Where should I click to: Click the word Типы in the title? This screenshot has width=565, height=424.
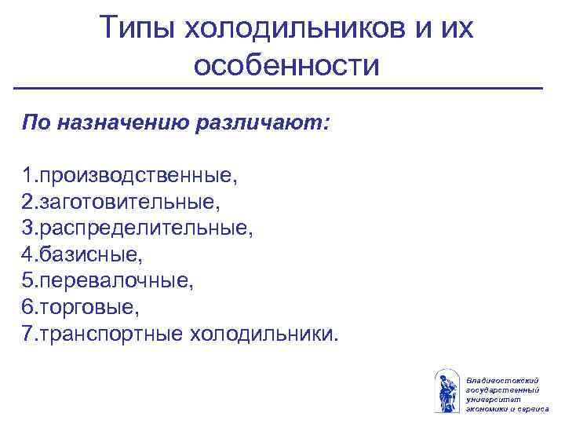pyautogui.click(x=137, y=30)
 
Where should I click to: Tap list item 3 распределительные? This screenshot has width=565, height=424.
pyautogui.click(x=138, y=229)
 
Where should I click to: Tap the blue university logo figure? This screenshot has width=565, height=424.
pyautogui.click(x=447, y=390)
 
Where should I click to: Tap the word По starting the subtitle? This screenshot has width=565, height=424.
pyautogui.click(x=35, y=123)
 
